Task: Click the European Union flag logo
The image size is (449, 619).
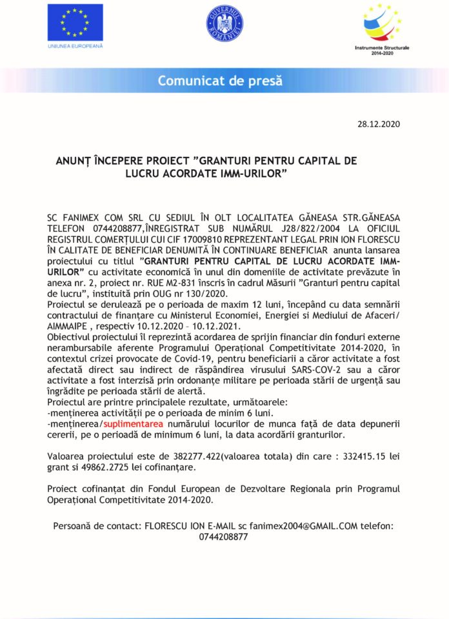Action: point(75,22)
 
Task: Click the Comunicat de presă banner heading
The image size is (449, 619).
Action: point(224,81)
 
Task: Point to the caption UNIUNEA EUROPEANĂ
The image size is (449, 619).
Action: point(75,46)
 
